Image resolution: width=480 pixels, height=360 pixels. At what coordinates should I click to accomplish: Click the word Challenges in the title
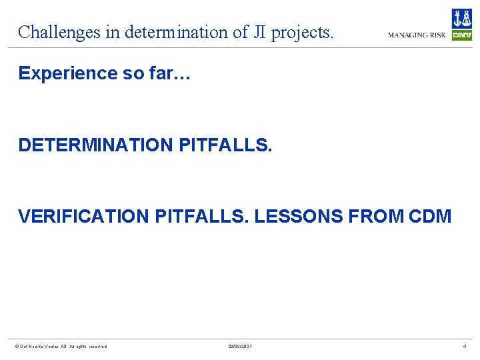pos(59,32)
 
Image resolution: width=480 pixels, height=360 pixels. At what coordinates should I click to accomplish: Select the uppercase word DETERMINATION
pos(97,145)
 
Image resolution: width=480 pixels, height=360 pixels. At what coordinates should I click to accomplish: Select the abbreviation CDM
pos(429,217)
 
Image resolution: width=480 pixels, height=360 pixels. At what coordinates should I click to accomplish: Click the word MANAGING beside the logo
pos(407,35)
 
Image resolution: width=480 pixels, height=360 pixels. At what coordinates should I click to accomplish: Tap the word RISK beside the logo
pos(437,35)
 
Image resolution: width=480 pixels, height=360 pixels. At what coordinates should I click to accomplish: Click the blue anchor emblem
pos(461,19)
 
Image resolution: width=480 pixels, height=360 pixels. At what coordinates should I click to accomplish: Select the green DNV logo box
pos(461,35)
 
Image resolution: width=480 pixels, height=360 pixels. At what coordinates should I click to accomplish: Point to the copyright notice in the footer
pos(61,346)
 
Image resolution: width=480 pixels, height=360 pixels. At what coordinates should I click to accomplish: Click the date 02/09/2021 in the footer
pos(240,346)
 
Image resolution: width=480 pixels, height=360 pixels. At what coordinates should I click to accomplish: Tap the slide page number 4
pos(465,346)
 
